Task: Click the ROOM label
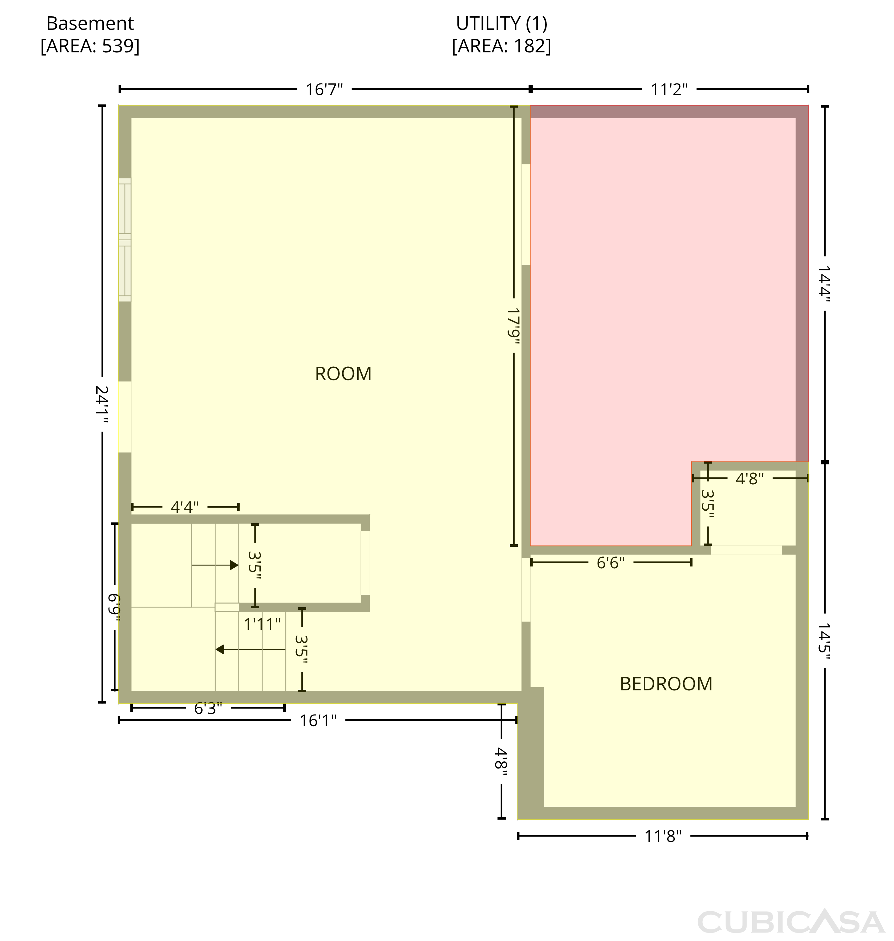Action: point(343,374)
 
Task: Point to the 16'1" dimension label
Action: point(318,720)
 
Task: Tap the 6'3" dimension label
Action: point(208,709)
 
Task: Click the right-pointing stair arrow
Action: point(215,565)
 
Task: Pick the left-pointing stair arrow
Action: point(250,649)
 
